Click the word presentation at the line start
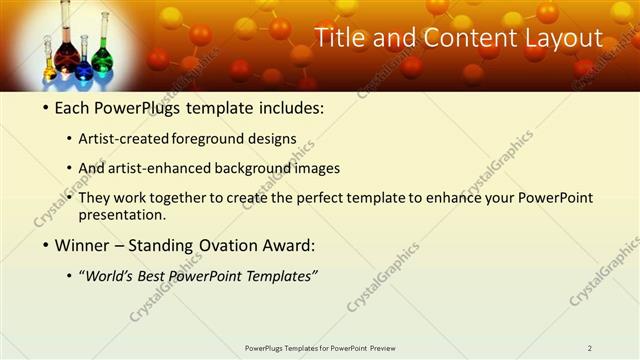pos(121,215)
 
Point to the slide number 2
pos(589,348)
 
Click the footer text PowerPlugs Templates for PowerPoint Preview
pos(320,348)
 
